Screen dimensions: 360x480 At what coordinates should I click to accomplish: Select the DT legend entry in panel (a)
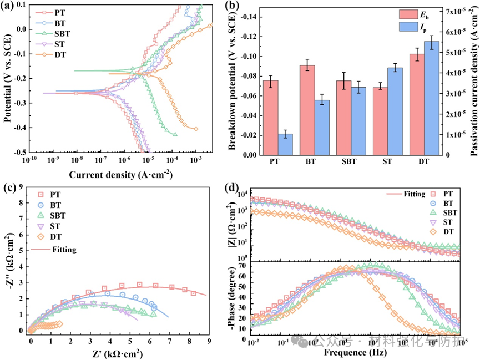click(x=59, y=54)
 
